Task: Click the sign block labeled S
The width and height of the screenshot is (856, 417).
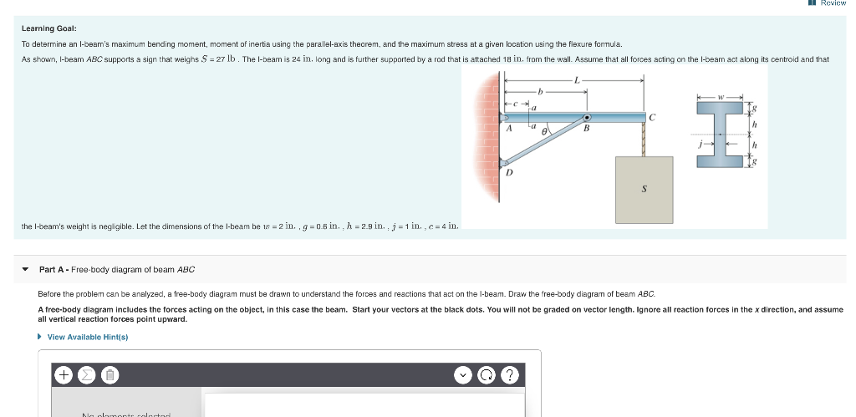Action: pos(644,188)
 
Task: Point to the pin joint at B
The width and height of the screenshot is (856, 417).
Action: pos(588,117)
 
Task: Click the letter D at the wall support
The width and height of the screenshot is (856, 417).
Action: pos(509,174)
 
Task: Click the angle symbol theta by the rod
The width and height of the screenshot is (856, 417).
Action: pos(544,132)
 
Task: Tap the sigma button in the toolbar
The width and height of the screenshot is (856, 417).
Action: pos(86,374)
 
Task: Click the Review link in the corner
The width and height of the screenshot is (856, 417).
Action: pos(833,3)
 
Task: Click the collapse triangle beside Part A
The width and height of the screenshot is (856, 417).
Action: pos(25,269)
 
